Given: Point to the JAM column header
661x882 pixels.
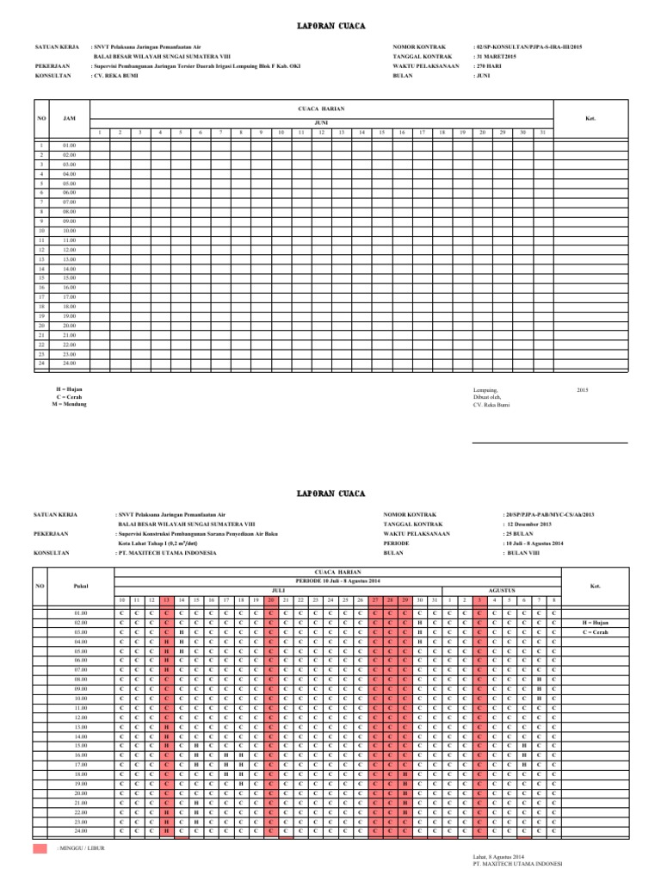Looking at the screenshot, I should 69,119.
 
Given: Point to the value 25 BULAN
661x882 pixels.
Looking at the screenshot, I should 520,534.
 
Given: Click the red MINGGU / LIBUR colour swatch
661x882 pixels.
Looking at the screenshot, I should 40,849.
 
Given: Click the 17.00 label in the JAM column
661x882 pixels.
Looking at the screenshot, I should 70,297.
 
